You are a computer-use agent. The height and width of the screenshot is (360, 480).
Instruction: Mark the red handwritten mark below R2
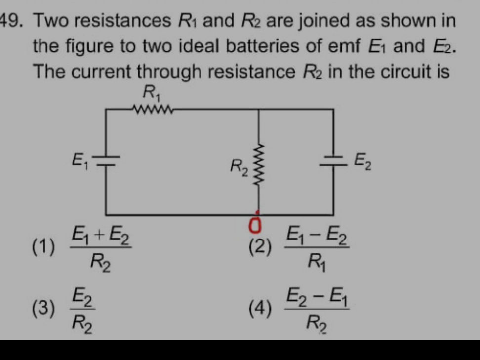tap(256, 225)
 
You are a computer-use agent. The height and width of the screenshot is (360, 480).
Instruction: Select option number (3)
tap(43, 309)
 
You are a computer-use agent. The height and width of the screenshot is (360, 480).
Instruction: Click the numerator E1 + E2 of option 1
tap(101, 233)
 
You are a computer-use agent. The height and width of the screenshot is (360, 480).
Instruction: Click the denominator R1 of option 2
tap(314, 258)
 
